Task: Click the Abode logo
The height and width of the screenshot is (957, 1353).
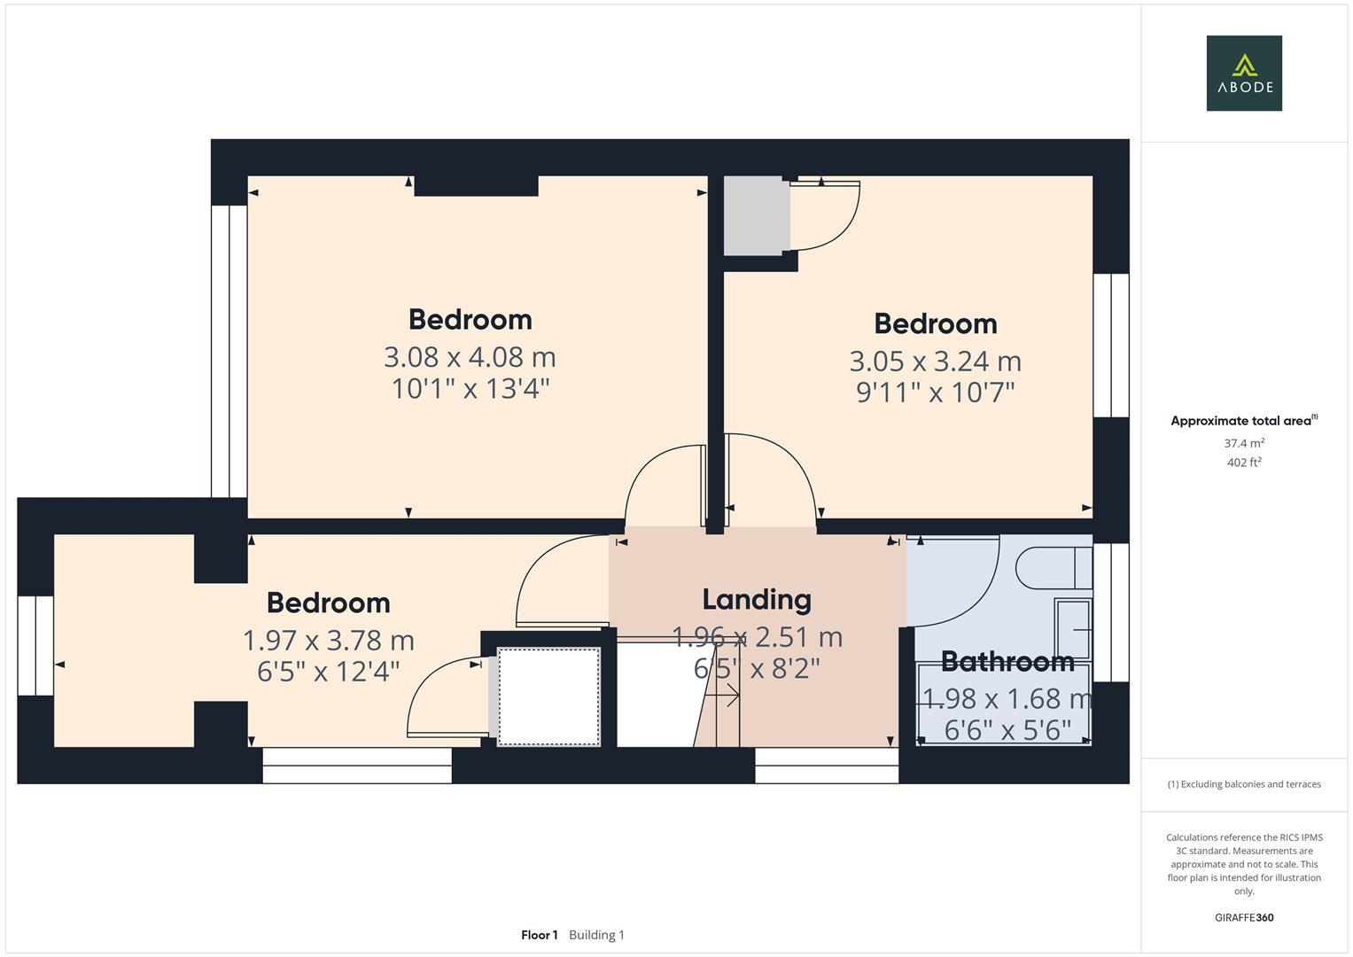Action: click(x=1243, y=74)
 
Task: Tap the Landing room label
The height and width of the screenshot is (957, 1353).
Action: click(x=756, y=600)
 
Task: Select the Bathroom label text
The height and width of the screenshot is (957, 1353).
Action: click(x=1007, y=661)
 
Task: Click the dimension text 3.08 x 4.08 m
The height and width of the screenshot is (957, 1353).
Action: click(x=470, y=357)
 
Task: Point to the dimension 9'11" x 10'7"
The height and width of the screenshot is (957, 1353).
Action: click(x=935, y=392)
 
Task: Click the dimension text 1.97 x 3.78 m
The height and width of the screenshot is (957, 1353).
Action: click(x=329, y=640)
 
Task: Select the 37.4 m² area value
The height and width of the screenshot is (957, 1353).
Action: click(x=1243, y=443)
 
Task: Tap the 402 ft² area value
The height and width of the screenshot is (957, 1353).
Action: click(x=1243, y=463)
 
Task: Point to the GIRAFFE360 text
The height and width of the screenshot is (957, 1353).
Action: click(x=1243, y=917)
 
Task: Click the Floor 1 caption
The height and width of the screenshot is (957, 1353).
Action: click(x=540, y=935)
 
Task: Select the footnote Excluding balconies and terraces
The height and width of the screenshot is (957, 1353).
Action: click(x=1243, y=784)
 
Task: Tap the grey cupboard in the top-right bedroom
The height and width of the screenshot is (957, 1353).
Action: click(x=757, y=216)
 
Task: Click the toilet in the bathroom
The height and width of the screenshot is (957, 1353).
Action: click(x=1053, y=568)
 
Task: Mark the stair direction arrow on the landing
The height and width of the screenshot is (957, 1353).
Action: click(x=727, y=697)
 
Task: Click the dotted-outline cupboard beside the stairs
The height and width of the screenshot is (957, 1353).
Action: click(x=548, y=696)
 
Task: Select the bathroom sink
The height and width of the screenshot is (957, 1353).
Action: click(x=1073, y=628)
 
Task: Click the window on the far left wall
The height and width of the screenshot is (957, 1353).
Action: click(x=35, y=645)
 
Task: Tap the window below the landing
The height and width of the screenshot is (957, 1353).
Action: click(x=826, y=766)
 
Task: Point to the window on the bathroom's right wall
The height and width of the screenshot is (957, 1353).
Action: click(x=1111, y=612)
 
